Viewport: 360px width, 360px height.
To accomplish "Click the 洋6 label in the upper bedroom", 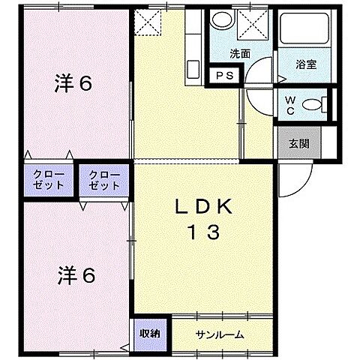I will [73, 83].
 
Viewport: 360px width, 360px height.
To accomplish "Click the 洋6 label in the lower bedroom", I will [76, 275].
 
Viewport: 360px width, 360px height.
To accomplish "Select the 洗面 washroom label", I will [240, 54].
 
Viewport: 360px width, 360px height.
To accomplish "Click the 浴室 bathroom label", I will [306, 64].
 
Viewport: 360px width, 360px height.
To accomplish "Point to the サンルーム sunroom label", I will [219, 334].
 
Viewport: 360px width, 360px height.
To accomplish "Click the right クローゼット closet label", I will [103, 180].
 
